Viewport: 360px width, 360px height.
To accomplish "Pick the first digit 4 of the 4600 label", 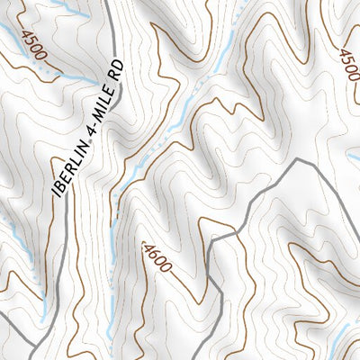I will tap(147, 243).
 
